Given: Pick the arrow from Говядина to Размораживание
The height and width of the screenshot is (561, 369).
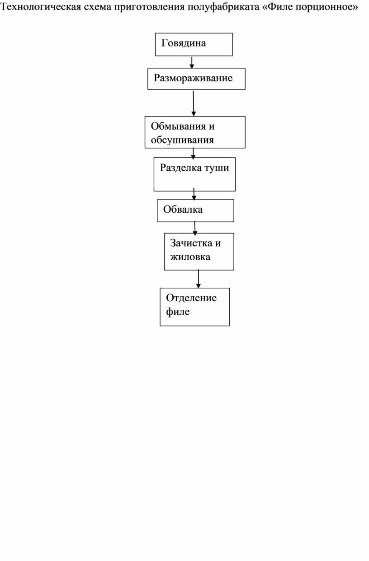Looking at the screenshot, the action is tap(192, 62).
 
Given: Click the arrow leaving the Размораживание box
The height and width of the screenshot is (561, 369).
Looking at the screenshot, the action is tap(194, 103).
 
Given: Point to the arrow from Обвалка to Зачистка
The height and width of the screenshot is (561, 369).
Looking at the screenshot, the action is tap(195, 228).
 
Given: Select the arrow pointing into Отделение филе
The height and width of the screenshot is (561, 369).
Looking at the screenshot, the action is tap(198, 279).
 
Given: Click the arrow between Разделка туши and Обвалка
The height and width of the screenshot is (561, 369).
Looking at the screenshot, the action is tap(194, 194).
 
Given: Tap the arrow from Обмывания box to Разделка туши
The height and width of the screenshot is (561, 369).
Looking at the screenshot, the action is tap(193, 154).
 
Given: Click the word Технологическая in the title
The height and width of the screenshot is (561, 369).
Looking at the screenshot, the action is tap(41, 7).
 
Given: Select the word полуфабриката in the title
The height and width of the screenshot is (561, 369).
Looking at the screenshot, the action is tap(223, 7).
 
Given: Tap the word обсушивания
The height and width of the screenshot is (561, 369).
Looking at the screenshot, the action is tap(182, 140).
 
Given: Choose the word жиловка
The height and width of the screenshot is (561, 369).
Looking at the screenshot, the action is tap(190, 257).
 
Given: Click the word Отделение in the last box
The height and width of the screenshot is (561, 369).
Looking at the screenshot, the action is tap(191, 298).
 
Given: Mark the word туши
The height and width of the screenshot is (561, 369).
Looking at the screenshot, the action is tap(217, 168).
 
